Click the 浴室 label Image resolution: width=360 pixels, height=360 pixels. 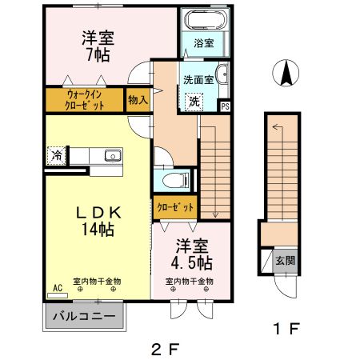(205, 45)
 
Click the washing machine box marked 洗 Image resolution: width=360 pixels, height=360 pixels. (194, 101)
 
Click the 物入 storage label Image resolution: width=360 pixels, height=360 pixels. (138, 99)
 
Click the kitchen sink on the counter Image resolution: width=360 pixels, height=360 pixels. (109, 154)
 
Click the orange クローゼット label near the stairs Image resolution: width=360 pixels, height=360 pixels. (174, 207)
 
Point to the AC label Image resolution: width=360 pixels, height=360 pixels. (58, 286)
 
